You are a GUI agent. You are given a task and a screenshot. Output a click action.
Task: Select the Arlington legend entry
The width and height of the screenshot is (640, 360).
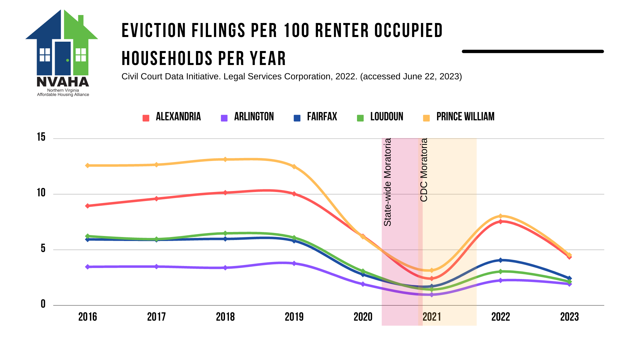(247, 117)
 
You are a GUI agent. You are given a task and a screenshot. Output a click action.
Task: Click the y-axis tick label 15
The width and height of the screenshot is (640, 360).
(41, 137)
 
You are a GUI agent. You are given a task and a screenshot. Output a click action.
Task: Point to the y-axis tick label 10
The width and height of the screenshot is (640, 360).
(41, 193)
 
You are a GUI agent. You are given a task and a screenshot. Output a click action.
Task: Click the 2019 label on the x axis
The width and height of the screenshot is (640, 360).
(294, 317)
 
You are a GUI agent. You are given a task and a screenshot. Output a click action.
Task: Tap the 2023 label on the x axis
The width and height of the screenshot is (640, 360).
(569, 317)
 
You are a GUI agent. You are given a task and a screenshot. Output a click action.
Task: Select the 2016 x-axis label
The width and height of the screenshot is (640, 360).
(88, 317)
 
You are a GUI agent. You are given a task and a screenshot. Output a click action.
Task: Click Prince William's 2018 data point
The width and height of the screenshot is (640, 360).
(225, 159)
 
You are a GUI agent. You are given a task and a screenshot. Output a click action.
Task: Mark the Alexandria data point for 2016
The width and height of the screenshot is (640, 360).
(88, 206)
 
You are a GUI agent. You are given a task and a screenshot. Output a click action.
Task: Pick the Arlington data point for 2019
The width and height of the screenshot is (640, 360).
(294, 263)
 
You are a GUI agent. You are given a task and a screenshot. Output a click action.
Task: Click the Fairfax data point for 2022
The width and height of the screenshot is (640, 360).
(500, 260)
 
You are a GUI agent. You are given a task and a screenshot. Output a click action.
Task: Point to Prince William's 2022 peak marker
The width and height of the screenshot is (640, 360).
(500, 216)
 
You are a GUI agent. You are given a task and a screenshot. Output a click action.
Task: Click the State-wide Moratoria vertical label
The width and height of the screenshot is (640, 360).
(387, 182)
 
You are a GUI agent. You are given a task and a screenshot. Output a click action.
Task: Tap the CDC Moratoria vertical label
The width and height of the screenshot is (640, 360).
(424, 170)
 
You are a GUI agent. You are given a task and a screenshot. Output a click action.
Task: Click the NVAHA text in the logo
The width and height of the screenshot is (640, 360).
(63, 82)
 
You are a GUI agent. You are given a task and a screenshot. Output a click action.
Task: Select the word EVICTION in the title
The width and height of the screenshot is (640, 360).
(154, 31)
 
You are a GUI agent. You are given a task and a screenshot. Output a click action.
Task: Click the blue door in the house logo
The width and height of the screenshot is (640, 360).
(63, 58)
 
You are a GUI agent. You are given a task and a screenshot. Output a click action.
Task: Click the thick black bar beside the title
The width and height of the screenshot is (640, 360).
(533, 51)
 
